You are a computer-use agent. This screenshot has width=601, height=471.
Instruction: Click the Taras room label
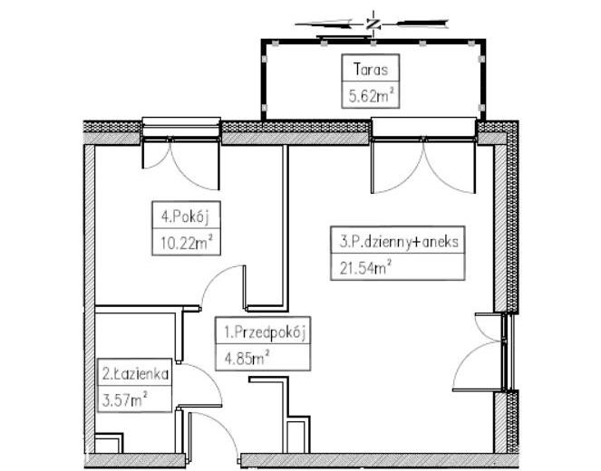(x=371, y=70)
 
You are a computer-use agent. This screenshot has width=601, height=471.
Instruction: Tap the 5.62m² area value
(x=371, y=96)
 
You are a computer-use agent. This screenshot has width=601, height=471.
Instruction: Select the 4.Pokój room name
(x=186, y=216)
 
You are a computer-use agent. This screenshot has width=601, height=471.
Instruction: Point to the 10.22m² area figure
(x=186, y=243)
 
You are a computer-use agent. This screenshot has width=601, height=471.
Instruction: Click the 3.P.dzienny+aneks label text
(x=399, y=241)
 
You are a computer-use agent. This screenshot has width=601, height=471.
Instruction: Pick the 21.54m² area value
(x=365, y=267)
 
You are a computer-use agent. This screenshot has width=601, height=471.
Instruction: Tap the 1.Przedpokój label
(x=265, y=332)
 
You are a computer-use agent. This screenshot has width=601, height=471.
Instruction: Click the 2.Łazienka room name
(x=135, y=373)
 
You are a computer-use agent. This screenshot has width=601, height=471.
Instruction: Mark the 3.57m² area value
(x=125, y=400)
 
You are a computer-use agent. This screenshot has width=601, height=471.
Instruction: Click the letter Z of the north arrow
(x=373, y=24)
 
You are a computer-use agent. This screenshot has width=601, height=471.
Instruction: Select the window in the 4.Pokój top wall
(x=181, y=129)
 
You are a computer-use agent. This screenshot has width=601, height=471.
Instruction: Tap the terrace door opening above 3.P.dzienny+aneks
(x=424, y=130)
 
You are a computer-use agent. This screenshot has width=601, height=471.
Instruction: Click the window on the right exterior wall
(x=508, y=352)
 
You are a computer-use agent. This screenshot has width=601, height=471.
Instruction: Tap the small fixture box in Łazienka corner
(x=109, y=444)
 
